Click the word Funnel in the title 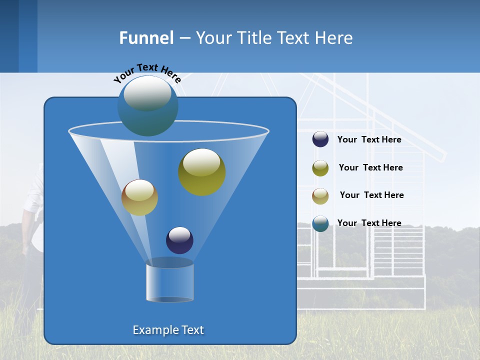[146, 38]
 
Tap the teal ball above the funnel [147, 106]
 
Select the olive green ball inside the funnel [202, 172]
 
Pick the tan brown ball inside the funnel [139, 197]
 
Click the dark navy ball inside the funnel [179, 240]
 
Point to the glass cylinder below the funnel [169, 282]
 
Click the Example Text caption [168, 330]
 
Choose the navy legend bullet [320, 139]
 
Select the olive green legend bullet [320, 168]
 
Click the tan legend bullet [320, 196]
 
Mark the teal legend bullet [320, 223]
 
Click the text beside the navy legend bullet [369, 140]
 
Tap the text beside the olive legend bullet [370, 167]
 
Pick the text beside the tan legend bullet [371, 195]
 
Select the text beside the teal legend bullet [369, 223]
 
